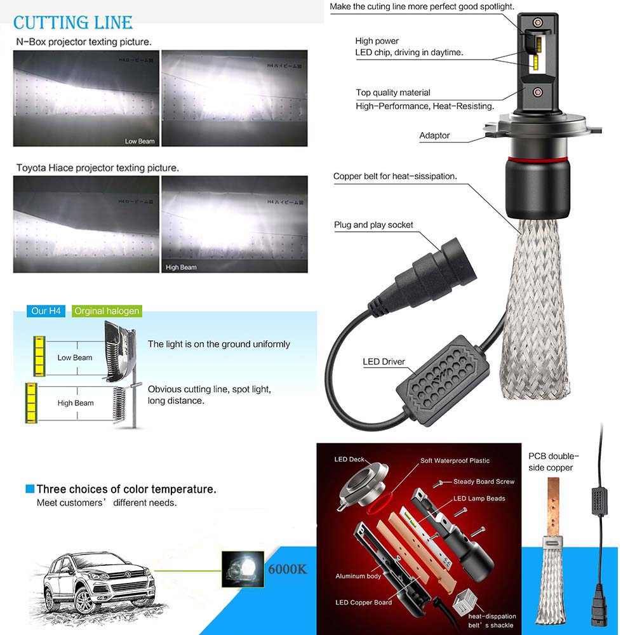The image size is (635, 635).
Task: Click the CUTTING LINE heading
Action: pos(73,23)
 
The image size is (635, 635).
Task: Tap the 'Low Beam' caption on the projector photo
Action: pos(140,141)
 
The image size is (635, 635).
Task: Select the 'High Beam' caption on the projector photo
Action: pos(181,267)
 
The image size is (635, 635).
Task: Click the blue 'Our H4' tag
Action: pos(48,311)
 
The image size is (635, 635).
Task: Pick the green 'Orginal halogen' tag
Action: pos(106,311)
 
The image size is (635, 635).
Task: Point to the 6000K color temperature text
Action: pos(286,569)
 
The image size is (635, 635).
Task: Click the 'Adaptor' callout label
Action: pos(434,135)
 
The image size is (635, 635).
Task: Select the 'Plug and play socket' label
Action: pos(373,225)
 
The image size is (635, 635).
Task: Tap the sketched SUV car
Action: pos(95,581)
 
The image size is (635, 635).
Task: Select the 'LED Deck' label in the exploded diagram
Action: pos(349,459)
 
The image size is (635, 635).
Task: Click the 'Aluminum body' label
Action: pos(358,576)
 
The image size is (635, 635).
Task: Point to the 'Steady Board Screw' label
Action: pos(484,482)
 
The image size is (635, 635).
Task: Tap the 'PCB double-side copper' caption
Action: pos(554,462)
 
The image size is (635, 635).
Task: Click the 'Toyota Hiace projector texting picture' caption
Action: pos(97,168)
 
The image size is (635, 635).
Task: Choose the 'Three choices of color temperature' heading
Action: pos(126,490)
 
